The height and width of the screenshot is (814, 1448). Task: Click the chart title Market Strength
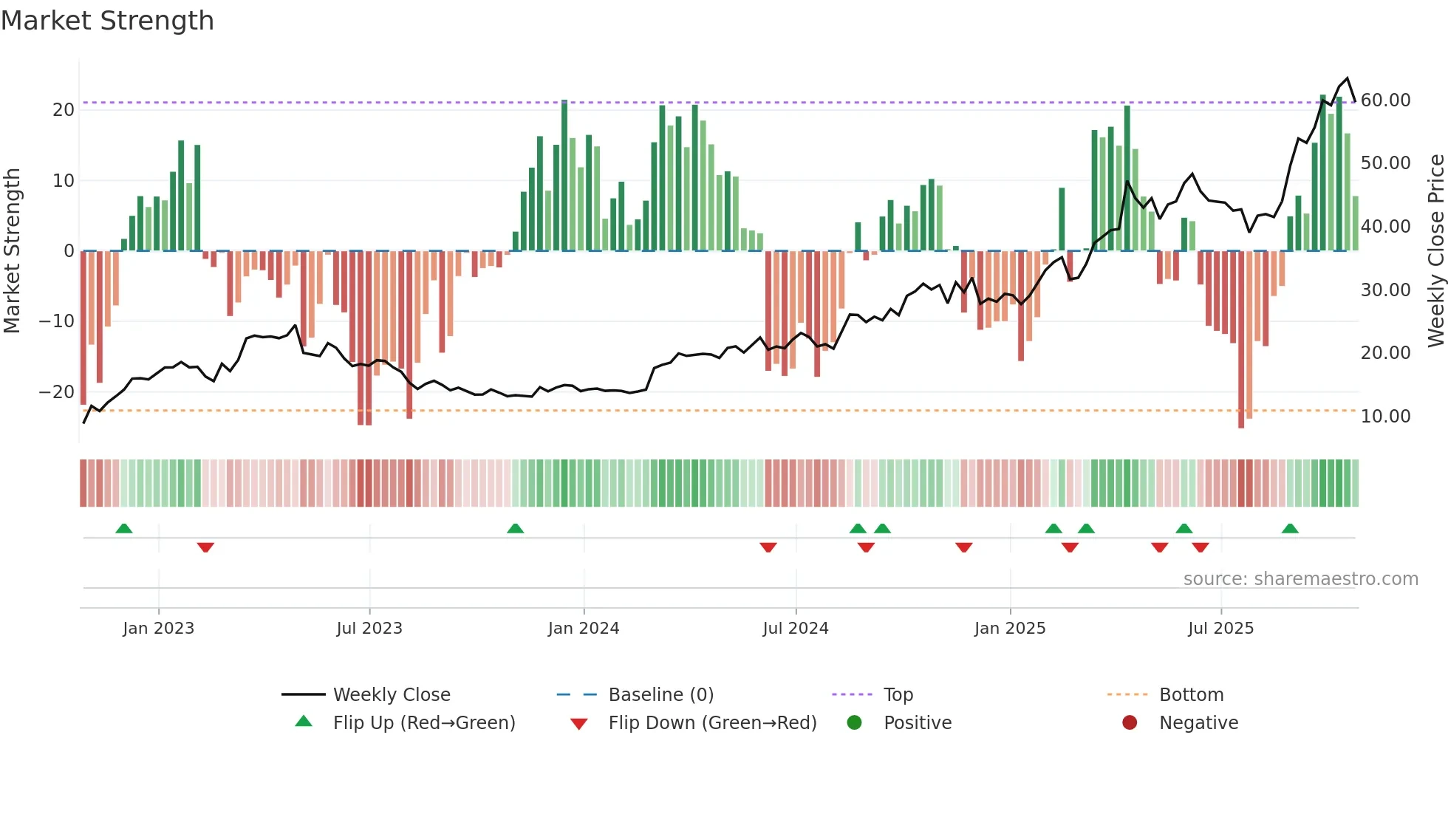point(108,21)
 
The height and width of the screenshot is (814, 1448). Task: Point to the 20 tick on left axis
point(64,110)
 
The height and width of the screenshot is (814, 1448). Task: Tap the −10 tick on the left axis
point(57,321)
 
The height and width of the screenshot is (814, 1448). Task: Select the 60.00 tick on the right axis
point(1385,100)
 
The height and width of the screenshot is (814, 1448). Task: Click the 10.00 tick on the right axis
point(1385,417)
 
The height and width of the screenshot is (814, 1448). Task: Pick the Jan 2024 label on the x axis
point(584,629)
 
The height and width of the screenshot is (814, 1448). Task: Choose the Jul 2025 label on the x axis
point(1220,629)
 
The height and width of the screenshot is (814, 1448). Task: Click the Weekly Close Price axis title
point(1435,251)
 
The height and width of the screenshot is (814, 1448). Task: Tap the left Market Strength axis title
point(12,251)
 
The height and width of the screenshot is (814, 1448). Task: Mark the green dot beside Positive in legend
point(855,723)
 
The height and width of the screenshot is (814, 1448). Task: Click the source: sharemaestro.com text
point(1300,579)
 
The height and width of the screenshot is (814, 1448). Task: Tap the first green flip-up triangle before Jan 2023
point(124,529)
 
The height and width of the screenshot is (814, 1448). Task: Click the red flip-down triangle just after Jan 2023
point(205,547)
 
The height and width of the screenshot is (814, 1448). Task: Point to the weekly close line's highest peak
point(1348,78)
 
